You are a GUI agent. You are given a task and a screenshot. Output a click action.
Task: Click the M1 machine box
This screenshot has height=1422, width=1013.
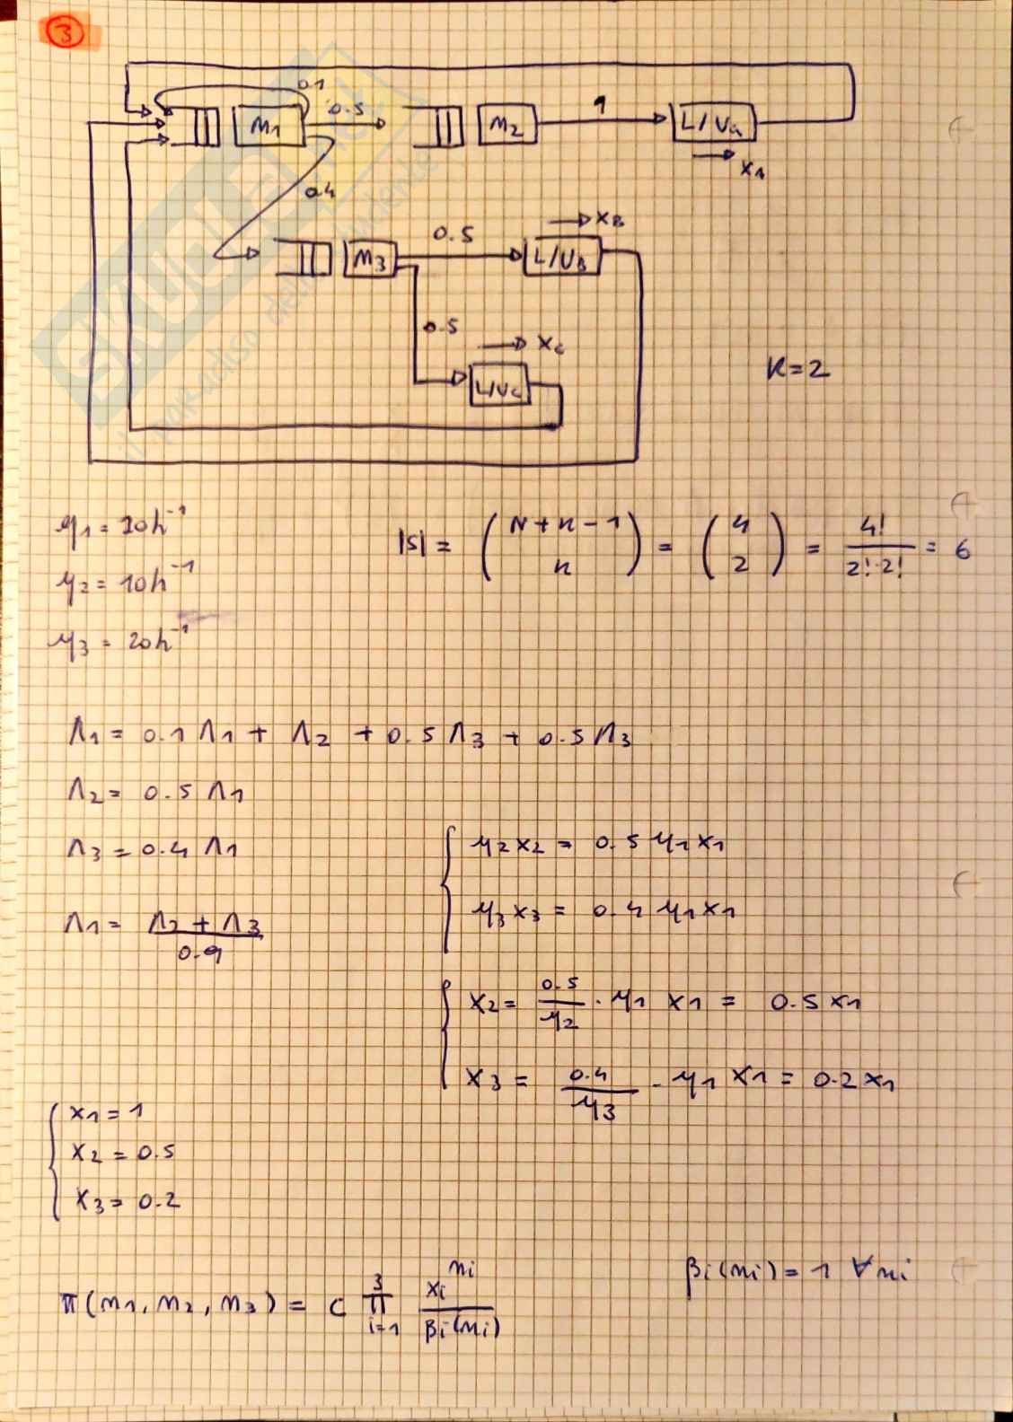click(x=268, y=126)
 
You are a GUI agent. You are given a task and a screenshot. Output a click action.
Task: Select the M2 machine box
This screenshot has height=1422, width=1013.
click(x=506, y=125)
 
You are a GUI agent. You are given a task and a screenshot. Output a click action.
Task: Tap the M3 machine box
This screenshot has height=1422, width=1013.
click(x=369, y=259)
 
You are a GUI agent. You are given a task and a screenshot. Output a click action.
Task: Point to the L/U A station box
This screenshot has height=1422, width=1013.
click(x=714, y=122)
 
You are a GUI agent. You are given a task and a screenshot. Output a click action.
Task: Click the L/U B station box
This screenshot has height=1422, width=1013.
click(x=561, y=258)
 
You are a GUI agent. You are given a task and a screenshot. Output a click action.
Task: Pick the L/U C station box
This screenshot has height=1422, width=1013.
click(x=499, y=388)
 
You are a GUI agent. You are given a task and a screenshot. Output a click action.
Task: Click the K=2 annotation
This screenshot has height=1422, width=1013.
click(x=797, y=368)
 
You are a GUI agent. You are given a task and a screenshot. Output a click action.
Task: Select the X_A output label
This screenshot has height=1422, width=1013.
click(x=753, y=169)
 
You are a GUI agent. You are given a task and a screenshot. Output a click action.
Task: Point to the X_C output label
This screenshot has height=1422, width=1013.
click(x=551, y=343)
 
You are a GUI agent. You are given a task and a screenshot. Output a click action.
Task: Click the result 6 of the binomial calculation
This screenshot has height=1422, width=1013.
click(x=962, y=549)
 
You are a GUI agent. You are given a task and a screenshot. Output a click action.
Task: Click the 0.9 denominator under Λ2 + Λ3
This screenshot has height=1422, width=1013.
click(x=198, y=953)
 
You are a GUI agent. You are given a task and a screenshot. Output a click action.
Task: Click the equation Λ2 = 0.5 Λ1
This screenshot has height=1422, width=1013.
click(x=156, y=791)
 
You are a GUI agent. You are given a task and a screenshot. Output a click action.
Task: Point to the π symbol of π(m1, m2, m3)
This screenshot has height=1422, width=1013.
click(x=68, y=1303)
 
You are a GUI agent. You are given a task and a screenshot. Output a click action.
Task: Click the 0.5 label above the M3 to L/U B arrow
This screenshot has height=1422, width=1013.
click(x=454, y=235)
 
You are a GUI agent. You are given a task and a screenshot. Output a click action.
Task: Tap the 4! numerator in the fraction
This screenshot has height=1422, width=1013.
click(x=870, y=527)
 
